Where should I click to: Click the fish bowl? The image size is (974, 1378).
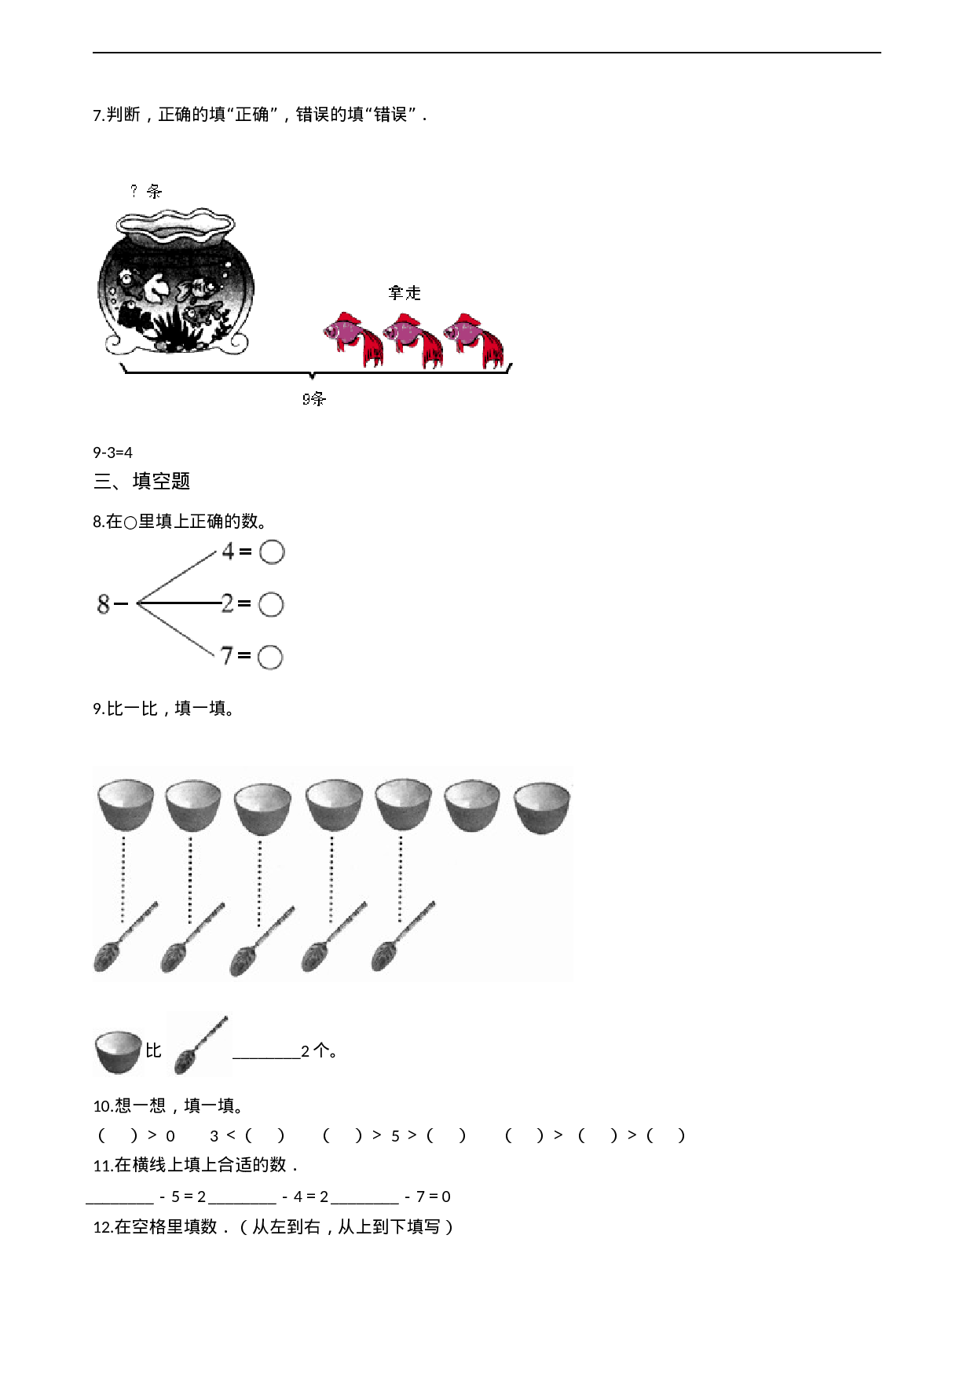pos(176,283)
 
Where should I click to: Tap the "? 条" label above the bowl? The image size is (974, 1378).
pos(146,191)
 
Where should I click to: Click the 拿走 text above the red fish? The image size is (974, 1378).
pos(405,293)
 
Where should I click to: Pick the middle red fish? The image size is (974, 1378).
pos(413,339)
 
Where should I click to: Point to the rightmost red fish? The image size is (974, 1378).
pos(474,339)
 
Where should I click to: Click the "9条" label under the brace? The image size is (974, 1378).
pos(314,399)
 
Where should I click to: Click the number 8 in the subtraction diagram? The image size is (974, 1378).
pos(104,603)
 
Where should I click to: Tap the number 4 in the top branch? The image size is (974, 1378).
pos(228,551)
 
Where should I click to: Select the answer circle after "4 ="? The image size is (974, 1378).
pos(272,552)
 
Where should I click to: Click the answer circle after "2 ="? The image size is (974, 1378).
pos(271,604)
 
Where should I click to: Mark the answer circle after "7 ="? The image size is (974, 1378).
pos(270,657)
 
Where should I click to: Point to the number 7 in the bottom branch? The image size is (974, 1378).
pos(227,654)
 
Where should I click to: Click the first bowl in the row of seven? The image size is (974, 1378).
pos(126,804)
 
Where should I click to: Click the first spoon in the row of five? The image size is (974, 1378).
pos(126,936)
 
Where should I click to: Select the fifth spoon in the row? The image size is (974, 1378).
pos(403,936)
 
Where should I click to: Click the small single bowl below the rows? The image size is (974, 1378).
pos(119,1053)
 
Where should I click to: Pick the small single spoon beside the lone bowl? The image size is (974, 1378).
pos(200,1045)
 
